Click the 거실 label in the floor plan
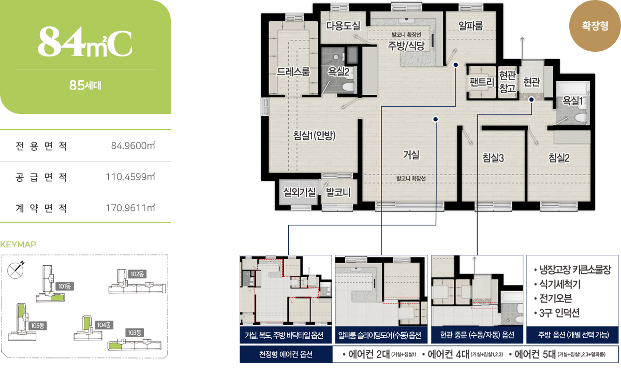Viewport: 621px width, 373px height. tap(411, 155)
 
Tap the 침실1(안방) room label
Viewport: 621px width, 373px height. tap(315, 135)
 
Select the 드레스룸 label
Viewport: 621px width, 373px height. tap(293, 72)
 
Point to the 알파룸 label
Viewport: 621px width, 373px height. tap(471, 26)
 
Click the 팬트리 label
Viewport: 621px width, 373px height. tap(482, 82)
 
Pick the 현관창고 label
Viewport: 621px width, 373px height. tap(507, 81)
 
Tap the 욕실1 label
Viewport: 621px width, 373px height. tap(572, 101)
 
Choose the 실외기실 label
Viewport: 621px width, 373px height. tap(299, 192)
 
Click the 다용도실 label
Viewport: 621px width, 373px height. tap(343, 26)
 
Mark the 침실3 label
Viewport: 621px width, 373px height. tap(493, 157)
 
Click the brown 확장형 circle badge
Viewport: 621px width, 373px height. tap(595, 26)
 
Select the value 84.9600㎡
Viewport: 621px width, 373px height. tap(133, 146)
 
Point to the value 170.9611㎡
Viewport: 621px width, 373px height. tap(130, 208)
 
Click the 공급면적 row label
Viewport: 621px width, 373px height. tap(41, 177)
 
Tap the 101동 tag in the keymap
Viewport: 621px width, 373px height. tap(65, 286)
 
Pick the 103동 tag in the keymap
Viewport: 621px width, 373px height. tap(135, 333)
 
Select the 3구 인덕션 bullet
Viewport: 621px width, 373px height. tap(557, 313)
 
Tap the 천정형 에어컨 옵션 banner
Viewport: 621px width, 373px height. tap(286, 354)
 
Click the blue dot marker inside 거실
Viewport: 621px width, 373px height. tap(436, 119)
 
